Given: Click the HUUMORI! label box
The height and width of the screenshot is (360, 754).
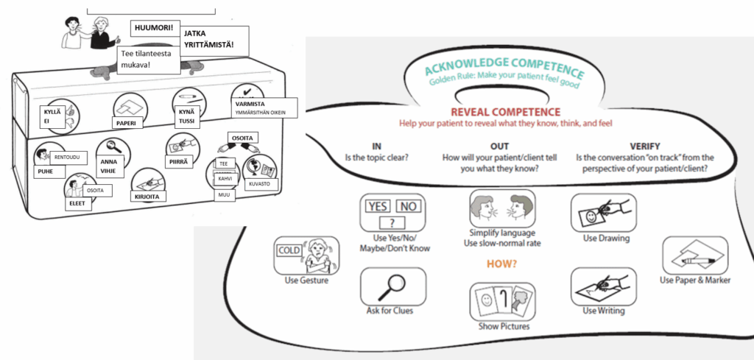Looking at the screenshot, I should tap(152, 29).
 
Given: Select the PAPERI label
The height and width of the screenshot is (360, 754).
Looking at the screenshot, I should tap(127, 122).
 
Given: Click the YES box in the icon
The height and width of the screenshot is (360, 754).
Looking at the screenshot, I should tap(377, 206).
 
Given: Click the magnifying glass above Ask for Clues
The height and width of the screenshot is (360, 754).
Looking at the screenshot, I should tap(392, 285).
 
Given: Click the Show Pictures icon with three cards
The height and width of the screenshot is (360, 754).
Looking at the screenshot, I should tap(501, 300).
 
